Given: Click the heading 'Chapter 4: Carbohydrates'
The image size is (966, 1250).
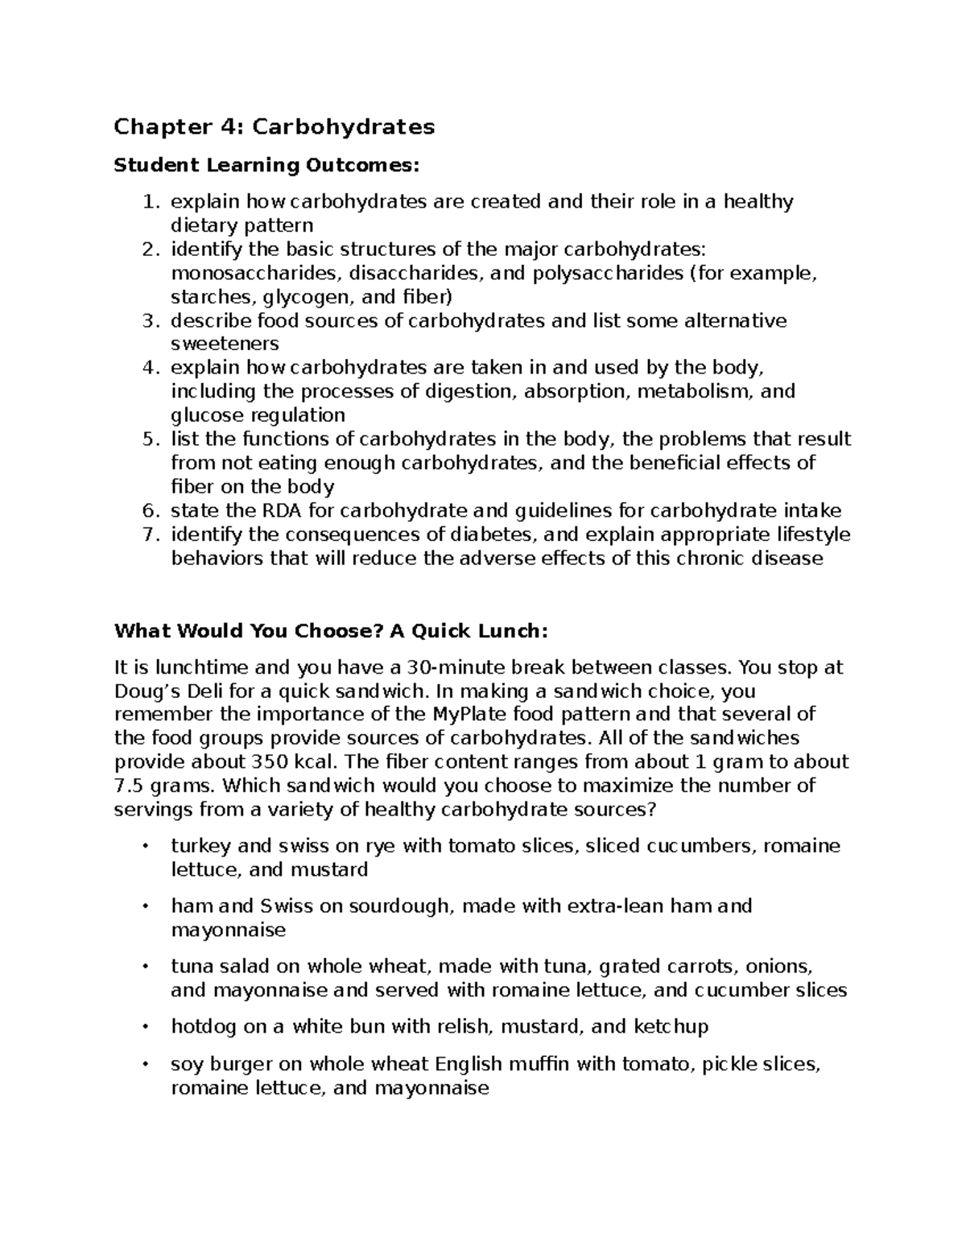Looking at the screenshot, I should [x=274, y=127].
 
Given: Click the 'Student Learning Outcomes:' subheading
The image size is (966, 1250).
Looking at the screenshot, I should [x=267, y=166].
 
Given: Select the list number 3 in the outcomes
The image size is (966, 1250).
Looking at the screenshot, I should [x=148, y=321].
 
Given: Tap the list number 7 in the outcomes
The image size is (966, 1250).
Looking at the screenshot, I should [x=148, y=535].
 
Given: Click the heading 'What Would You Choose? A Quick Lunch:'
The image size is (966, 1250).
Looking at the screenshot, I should [x=331, y=631].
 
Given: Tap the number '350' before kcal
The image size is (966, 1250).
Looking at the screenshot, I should [x=270, y=762].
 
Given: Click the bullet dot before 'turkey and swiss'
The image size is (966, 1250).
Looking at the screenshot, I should [x=145, y=847].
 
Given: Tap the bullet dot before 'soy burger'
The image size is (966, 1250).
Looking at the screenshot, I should [x=145, y=1065].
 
